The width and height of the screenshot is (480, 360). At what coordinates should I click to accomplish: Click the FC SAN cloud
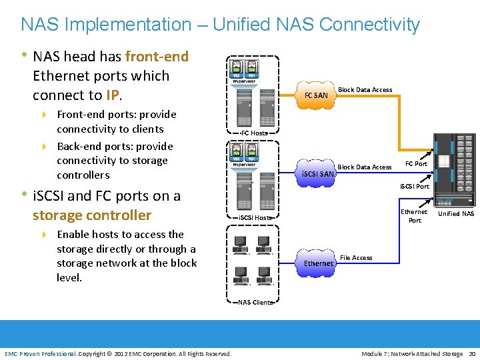tap(316, 95)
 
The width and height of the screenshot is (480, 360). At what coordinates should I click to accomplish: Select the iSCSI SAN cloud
tap(318, 174)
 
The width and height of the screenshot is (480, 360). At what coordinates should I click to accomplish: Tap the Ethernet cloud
tap(319, 263)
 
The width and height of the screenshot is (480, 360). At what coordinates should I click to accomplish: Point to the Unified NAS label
tap(456, 214)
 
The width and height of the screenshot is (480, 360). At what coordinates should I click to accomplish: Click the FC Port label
tap(417, 164)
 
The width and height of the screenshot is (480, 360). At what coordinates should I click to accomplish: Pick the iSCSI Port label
tap(415, 187)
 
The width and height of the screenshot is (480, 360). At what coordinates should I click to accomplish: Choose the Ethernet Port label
tap(414, 216)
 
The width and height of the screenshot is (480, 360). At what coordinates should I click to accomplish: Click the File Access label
tap(356, 258)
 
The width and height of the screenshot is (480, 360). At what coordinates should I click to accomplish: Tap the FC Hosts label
tap(254, 133)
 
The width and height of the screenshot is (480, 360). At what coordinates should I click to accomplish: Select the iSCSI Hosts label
tap(255, 218)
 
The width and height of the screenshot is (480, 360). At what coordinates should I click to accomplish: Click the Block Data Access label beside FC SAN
tap(365, 90)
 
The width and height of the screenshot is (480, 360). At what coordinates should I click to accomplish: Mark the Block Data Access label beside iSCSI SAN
tap(365, 167)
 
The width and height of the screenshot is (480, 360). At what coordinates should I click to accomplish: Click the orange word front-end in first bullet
tap(157, 57)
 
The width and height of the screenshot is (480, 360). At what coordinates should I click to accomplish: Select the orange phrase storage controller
tap(92, 215)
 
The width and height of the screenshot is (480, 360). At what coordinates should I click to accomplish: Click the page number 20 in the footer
tap(472, 353)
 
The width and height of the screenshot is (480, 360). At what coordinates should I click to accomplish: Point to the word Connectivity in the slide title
tap(370, 25)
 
